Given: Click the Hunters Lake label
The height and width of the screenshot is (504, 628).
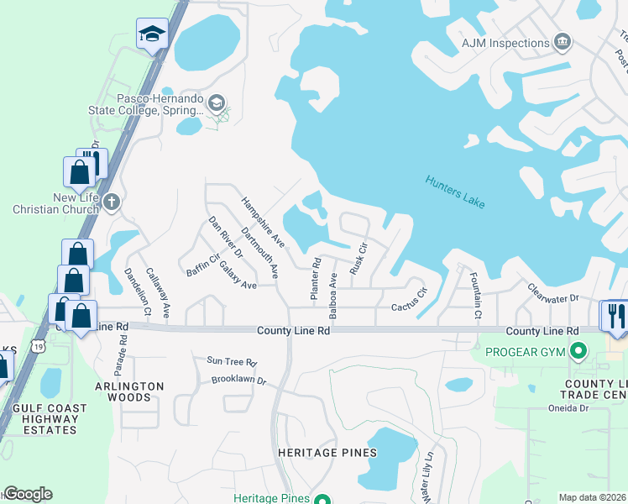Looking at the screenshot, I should coord(454,192).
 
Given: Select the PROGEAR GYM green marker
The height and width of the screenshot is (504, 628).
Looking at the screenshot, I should coord(577,349).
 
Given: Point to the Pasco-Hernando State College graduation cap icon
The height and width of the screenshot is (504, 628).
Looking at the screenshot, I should coord(217,103).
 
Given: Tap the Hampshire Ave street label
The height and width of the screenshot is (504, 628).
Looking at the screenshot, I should coord(263,223).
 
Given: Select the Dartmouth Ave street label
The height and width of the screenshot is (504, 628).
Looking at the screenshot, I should coord(259,252).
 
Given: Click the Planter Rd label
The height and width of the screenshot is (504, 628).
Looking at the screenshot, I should coord(316,279).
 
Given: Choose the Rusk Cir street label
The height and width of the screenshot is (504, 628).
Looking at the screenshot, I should coord(358,260).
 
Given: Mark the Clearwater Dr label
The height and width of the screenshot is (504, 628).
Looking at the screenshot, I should coord(553,292).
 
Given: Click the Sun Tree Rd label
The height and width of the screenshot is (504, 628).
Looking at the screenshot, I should coord(231,361).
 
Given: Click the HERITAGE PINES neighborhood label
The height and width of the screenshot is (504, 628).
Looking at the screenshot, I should coord(327,453).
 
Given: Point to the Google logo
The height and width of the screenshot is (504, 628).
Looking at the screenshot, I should coord(28,494).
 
